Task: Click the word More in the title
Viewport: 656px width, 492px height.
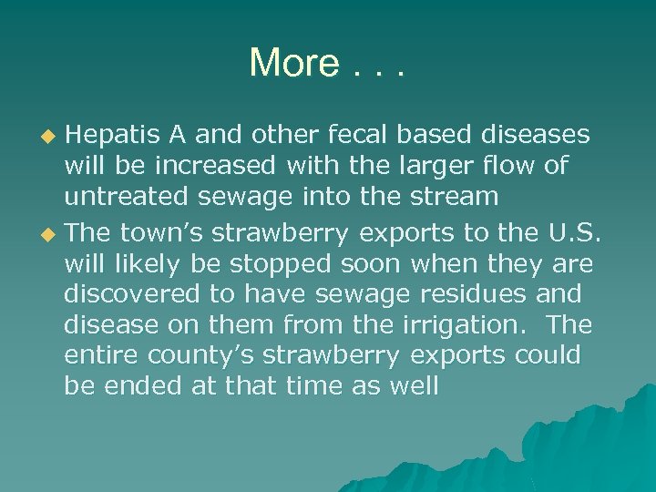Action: (x=293, y=63)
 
